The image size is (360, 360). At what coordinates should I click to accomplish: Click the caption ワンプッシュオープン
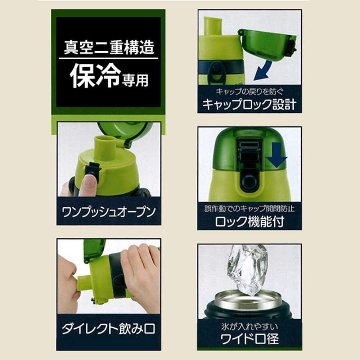point(109,211)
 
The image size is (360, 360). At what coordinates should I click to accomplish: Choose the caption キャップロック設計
point(249,104)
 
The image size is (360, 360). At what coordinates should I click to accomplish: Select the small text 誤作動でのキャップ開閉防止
point(249,209)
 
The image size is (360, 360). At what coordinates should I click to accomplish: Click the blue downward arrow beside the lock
point(276,155)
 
